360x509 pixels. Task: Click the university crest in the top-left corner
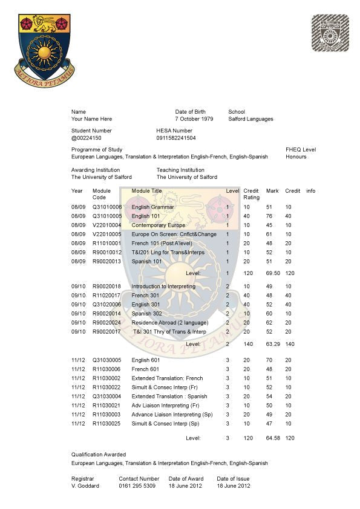click(x=45, y=50)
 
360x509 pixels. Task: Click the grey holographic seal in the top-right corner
click(x=330, y=33)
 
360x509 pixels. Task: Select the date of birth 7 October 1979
click(x=194, y=119)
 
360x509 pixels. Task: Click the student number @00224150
click(x=87, y=138)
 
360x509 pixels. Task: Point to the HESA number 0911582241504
click(x=176, y=138)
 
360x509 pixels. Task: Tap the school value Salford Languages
click(x=250, y=119)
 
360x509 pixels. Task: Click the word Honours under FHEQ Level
click(x=296, y=157)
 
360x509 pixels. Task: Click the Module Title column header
click(x=147, y=191)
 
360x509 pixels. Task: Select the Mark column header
click(x=272, y=191)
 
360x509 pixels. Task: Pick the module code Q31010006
click(x=107, y=207)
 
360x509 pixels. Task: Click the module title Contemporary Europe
click(x=159, y=225)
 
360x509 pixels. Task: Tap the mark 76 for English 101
click(x=270, y=216)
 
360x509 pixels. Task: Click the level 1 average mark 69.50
click(x=272, y=273)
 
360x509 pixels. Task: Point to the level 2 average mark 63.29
click(x=272, y=343)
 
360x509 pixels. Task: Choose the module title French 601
click(x=145, y=369)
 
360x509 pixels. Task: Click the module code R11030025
click(x=107, y=423)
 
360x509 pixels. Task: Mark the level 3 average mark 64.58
click(x=272, y=438)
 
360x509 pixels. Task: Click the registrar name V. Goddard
click(x=85, y=485)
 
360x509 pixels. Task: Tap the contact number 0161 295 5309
click(x=137, y=485)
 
